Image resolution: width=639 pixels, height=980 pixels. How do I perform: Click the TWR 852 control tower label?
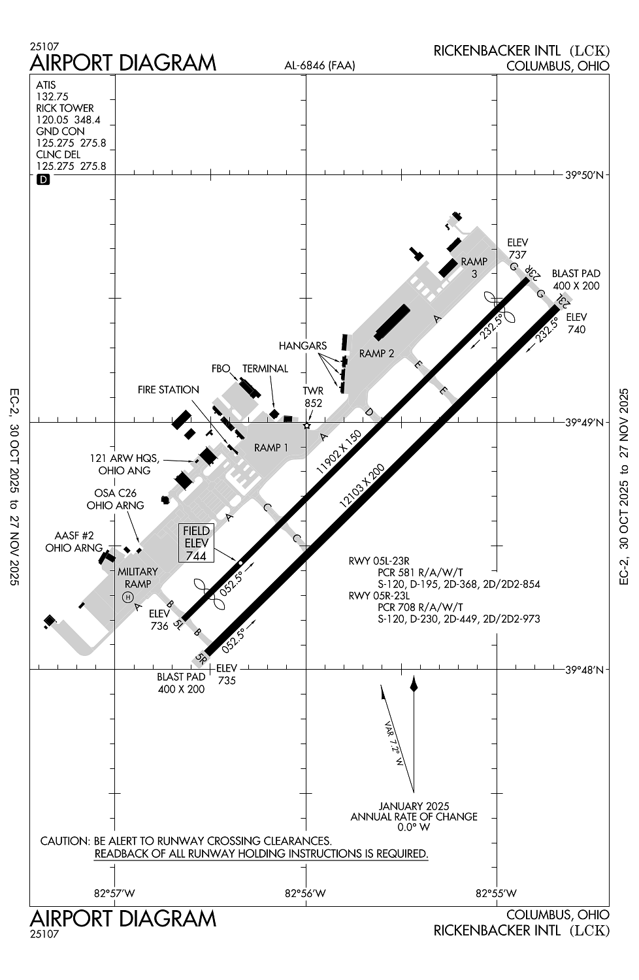[313, 397]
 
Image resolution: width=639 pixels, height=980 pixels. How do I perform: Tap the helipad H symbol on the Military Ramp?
[128, 596]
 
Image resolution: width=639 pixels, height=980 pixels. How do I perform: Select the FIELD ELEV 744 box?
[195, 543]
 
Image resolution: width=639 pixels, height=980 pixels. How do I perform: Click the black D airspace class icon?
[44, 179]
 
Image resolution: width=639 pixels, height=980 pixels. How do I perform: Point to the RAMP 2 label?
[376, 353]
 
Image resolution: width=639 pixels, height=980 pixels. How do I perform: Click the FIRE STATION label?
[168, 390]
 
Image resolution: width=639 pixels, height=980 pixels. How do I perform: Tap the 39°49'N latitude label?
[587, 423]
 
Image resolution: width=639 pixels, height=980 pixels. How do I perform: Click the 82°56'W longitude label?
[306, 893]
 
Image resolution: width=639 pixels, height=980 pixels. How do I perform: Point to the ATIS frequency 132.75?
[52, 97]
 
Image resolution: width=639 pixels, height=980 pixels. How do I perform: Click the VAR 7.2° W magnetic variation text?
[395, 745]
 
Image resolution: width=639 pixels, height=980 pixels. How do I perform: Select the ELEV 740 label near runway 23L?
[576, 323]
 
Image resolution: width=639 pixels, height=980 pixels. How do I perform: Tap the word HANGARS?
[302, 346]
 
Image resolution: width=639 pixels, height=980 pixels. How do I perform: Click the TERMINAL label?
[265, 368]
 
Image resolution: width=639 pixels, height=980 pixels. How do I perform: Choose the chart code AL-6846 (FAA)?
[319, 65]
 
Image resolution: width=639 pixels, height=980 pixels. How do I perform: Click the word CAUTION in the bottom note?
[64, 841]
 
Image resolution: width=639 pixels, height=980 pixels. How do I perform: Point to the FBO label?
[221, 368]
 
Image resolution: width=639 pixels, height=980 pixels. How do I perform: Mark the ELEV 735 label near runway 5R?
[226, 674]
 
